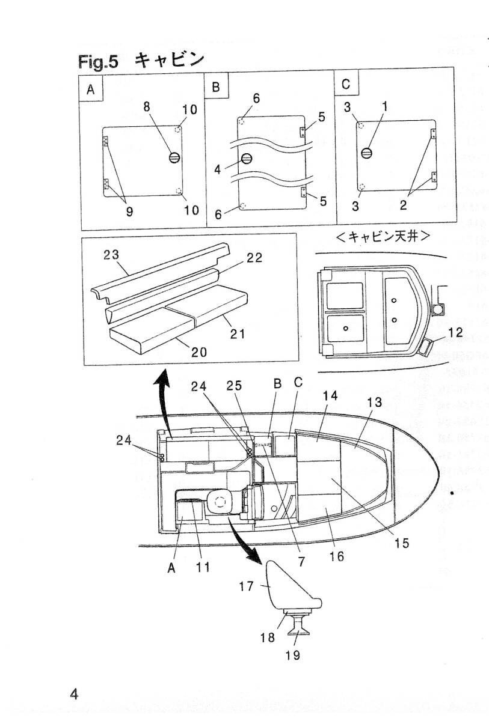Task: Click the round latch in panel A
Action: coord(174,158)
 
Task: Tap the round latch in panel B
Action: coord(246,159)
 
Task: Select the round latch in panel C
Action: coord(366,153)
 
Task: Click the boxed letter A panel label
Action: coord(91,90)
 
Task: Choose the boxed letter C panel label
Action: coord(346,84)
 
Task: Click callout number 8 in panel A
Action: coord(146,106)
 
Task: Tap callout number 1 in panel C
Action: coord(386,106)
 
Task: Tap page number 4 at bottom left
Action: coord(74,694)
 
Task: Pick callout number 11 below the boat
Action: coord(203,567)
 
